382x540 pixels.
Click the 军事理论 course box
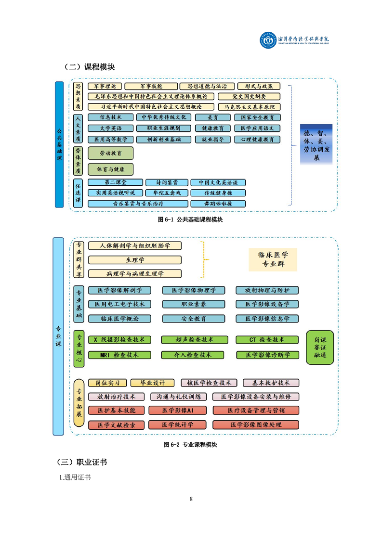105,87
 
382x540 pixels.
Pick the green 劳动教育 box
110,154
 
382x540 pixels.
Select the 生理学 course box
135,260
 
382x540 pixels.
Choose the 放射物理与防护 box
267,290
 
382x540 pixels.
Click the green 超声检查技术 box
193,340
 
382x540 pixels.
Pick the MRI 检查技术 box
119,355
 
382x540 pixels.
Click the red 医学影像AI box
177,411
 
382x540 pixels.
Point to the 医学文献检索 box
116,425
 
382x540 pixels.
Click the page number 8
191,499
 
